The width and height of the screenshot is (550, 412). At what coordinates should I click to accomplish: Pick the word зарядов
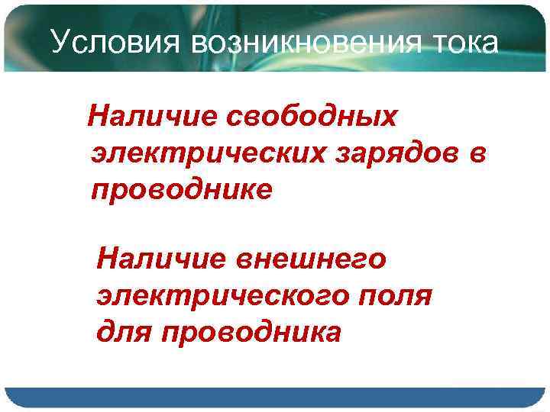[x=403, y=155]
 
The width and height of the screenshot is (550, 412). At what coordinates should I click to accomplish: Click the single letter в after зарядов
[x=476, y=154]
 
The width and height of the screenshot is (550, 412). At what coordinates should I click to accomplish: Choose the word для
[x=122, y=333]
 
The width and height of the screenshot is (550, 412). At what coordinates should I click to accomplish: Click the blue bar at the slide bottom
[x=275, y=398]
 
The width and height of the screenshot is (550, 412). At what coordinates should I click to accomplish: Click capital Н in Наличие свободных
[x=99, y=117]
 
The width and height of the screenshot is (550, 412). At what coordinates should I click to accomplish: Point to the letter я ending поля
[x=424, y=297]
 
